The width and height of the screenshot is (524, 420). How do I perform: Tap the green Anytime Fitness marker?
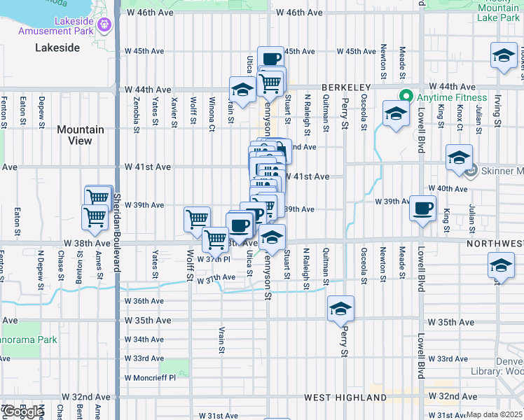404,97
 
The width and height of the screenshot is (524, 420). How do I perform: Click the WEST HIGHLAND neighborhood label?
336,397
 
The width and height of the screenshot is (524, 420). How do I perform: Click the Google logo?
22,412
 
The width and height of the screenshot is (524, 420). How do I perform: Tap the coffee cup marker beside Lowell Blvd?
423,209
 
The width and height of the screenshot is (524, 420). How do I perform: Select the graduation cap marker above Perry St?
340,309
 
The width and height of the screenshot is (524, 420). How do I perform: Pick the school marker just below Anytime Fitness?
396,115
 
